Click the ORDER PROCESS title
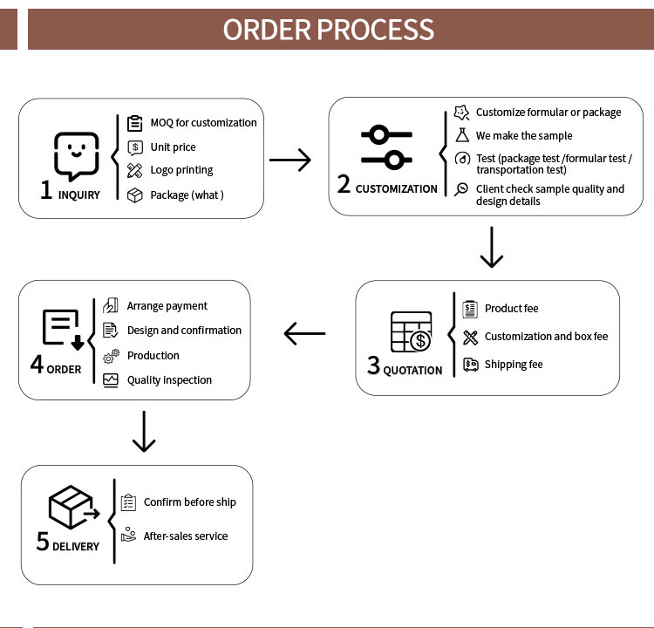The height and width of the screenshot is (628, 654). click(328, 29)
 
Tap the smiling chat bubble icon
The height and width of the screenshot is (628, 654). click(76, 155)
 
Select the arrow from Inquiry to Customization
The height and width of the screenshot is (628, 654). click(290, 160)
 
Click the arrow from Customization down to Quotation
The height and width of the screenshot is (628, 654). click(492, 249)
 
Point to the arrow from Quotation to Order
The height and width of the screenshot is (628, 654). click(304, 333)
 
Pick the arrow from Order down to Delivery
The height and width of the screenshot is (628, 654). click(144, 433)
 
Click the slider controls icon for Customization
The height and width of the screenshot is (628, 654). click(386, 147)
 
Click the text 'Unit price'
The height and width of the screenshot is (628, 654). click(173, 147)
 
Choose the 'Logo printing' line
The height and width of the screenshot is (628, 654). click(181, 170)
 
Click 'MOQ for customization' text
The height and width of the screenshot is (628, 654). click(203, 123)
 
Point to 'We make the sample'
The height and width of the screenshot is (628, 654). click(524, 136)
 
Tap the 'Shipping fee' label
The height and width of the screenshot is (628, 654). click(514, 365)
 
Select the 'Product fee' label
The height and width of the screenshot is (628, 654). click(512, 309)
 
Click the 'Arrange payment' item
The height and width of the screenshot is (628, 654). click(167, 306)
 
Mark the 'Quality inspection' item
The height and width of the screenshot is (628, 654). click(169, 380)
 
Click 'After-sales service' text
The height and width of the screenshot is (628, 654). click(186, 536)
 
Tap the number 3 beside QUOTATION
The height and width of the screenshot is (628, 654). click(373, 366)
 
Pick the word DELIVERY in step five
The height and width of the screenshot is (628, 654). click(76, 547)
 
